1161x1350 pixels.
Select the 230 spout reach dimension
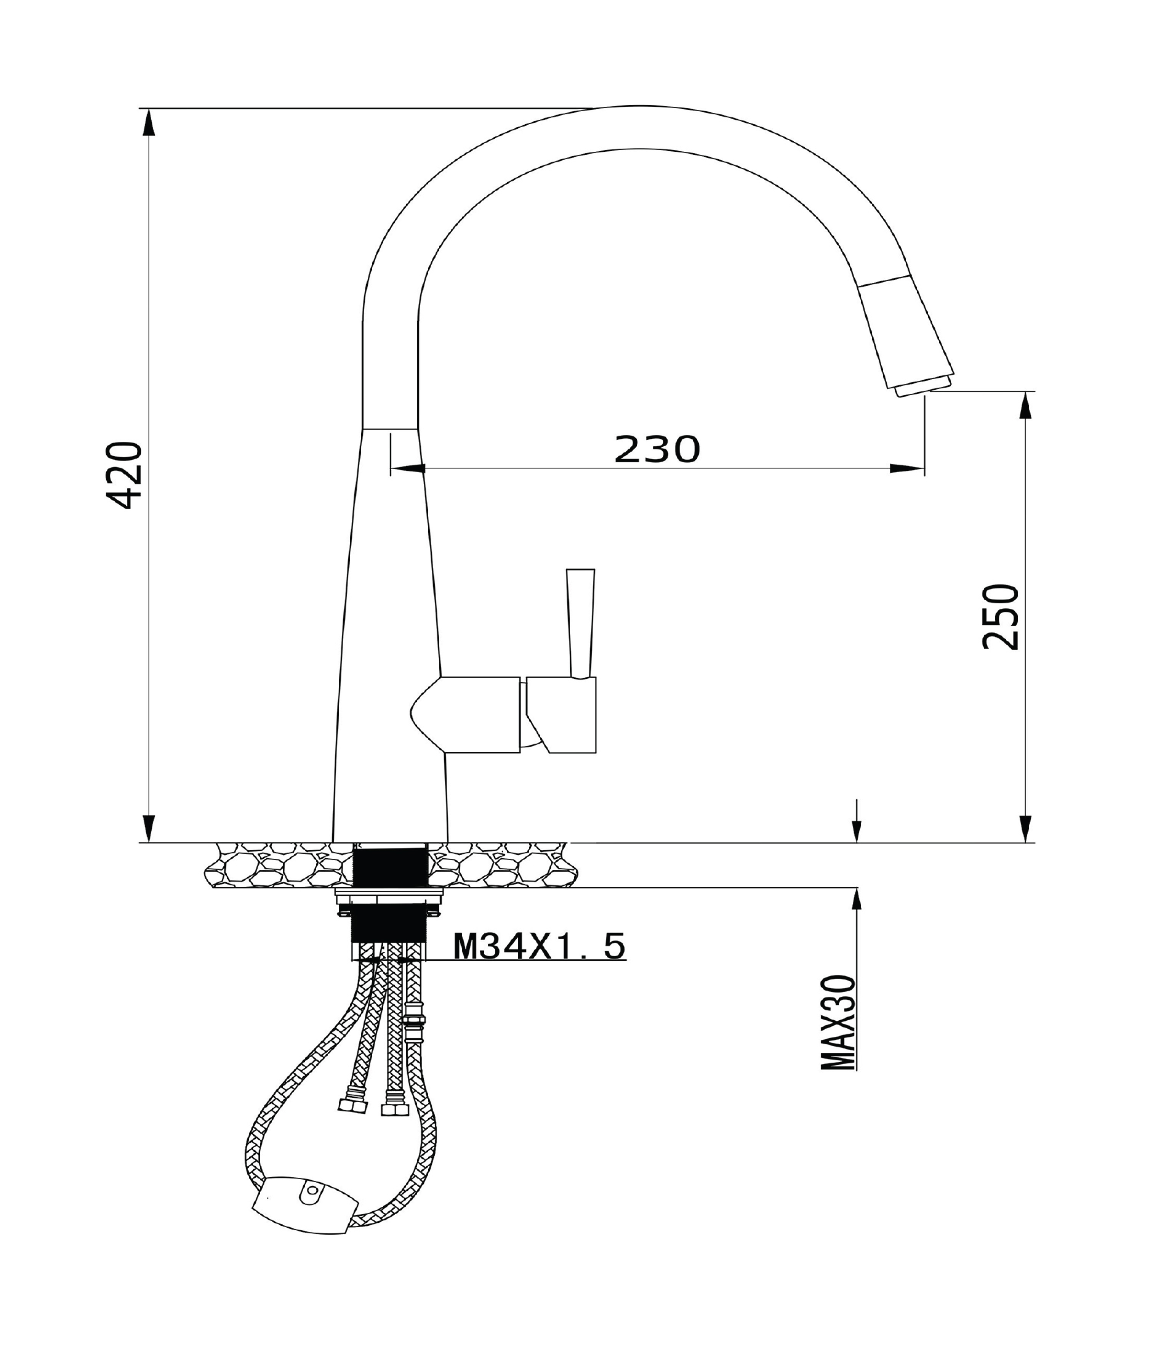point(657,450)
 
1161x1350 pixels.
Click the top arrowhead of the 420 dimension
point(149,122)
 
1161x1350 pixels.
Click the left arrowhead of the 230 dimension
point(408,468)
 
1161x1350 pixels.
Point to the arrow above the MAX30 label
point(857,898)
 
